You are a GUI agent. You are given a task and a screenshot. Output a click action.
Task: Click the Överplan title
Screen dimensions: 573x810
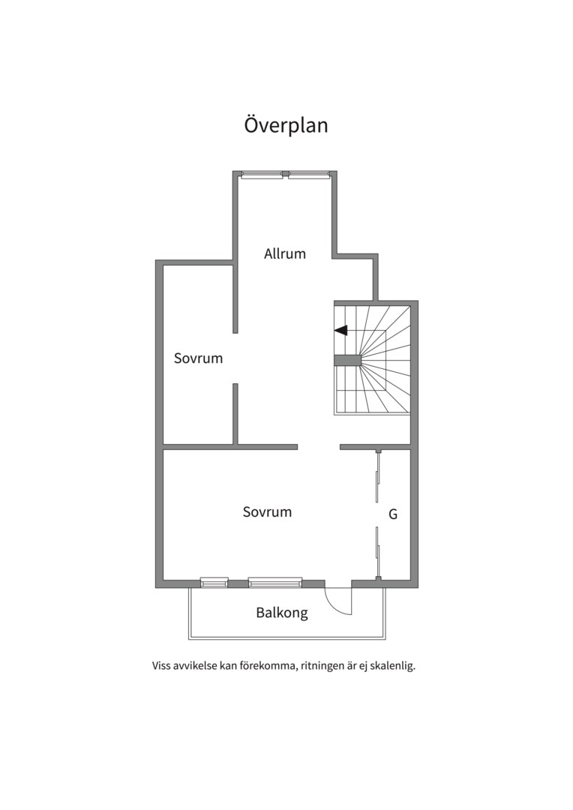(286, 125)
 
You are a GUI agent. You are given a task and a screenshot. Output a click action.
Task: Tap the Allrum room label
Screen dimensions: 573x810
(285, 253)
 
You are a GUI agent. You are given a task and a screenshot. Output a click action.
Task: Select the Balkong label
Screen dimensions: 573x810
(282, 613)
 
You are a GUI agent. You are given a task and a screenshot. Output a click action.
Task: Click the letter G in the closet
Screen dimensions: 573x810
(393, 514)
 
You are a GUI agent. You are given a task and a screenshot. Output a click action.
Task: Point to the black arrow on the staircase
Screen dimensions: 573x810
(341, 330)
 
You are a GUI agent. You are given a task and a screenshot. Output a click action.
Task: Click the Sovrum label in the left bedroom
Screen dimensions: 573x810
(199, 358)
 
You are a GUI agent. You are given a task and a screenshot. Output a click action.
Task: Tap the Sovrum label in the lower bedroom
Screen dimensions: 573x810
(267, 512)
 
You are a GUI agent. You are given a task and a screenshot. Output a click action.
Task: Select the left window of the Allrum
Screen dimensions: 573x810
(262, 175)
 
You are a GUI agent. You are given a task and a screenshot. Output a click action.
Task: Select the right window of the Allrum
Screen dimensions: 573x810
(308, 175)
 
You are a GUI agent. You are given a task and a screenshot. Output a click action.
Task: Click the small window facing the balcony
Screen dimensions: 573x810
(214, 583)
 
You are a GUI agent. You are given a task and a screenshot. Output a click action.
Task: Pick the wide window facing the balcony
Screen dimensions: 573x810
(274, 583)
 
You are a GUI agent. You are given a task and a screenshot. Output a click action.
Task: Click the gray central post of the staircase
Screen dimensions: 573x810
(347, 361)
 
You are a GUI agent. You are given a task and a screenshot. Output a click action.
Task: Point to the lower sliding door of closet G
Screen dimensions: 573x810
(378, 552)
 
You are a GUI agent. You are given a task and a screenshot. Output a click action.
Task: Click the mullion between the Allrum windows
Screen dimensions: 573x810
(286, 174)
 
